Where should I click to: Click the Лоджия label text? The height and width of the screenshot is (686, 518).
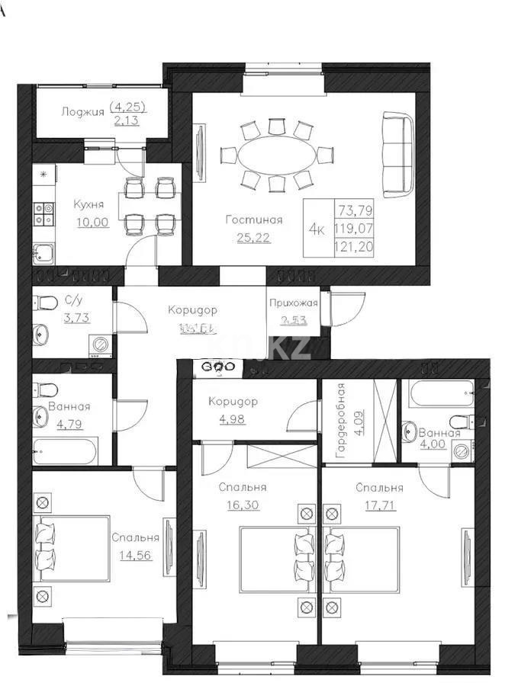(x=82, y=111)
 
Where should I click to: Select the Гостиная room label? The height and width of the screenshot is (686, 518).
(x=254, y=220)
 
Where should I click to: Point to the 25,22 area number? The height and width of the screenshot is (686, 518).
(x=253, y=237)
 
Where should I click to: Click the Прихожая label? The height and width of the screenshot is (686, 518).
(x=293, y=303)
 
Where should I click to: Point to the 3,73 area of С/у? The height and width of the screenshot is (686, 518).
(x=77, y=318)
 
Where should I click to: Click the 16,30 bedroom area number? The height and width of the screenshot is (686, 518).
(x=242, y=504)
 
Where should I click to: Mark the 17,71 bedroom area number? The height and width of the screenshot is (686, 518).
(x=378, y=504)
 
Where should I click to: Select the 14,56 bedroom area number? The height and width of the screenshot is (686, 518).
(x=135, y=554)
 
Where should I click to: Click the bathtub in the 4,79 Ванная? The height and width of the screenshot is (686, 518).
(x=65, y=450)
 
